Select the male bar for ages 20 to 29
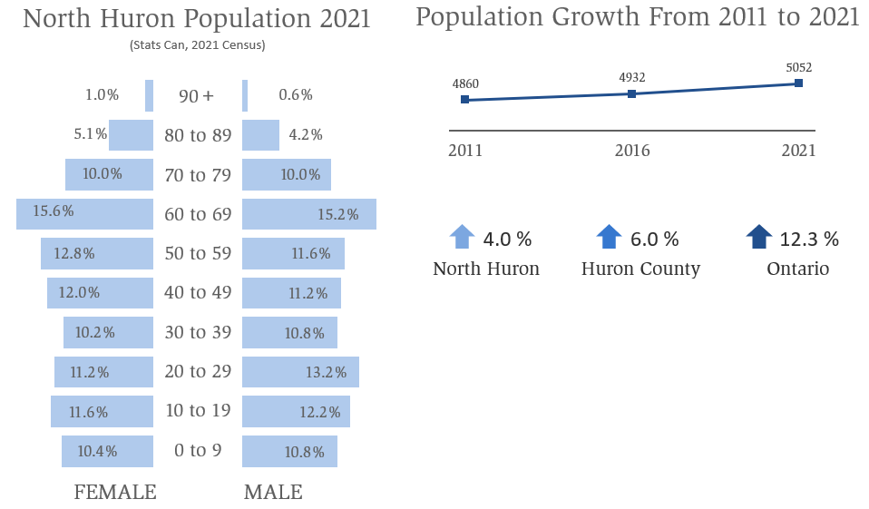(x=300, y=371)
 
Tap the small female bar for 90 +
(x=149, y=94)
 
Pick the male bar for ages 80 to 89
(x=260, y=135)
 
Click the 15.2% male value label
(x=337, y=215)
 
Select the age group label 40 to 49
(x=198, y=292)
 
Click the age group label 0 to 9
(x=198, y=450)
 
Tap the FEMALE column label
(x=115, y=493)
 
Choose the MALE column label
(x=273, y=493)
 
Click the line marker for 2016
(x=631, y=93)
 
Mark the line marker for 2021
(x=798, y=83)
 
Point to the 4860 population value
(x=465, y=84)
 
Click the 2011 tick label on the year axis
(x=465, y=151)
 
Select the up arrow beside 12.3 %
(x=758, y=238)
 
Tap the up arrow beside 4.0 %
(x=462, y=238)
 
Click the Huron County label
(x=640, y=269)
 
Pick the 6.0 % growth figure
(x=654, y=240)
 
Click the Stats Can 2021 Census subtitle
(x=197, y=44)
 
